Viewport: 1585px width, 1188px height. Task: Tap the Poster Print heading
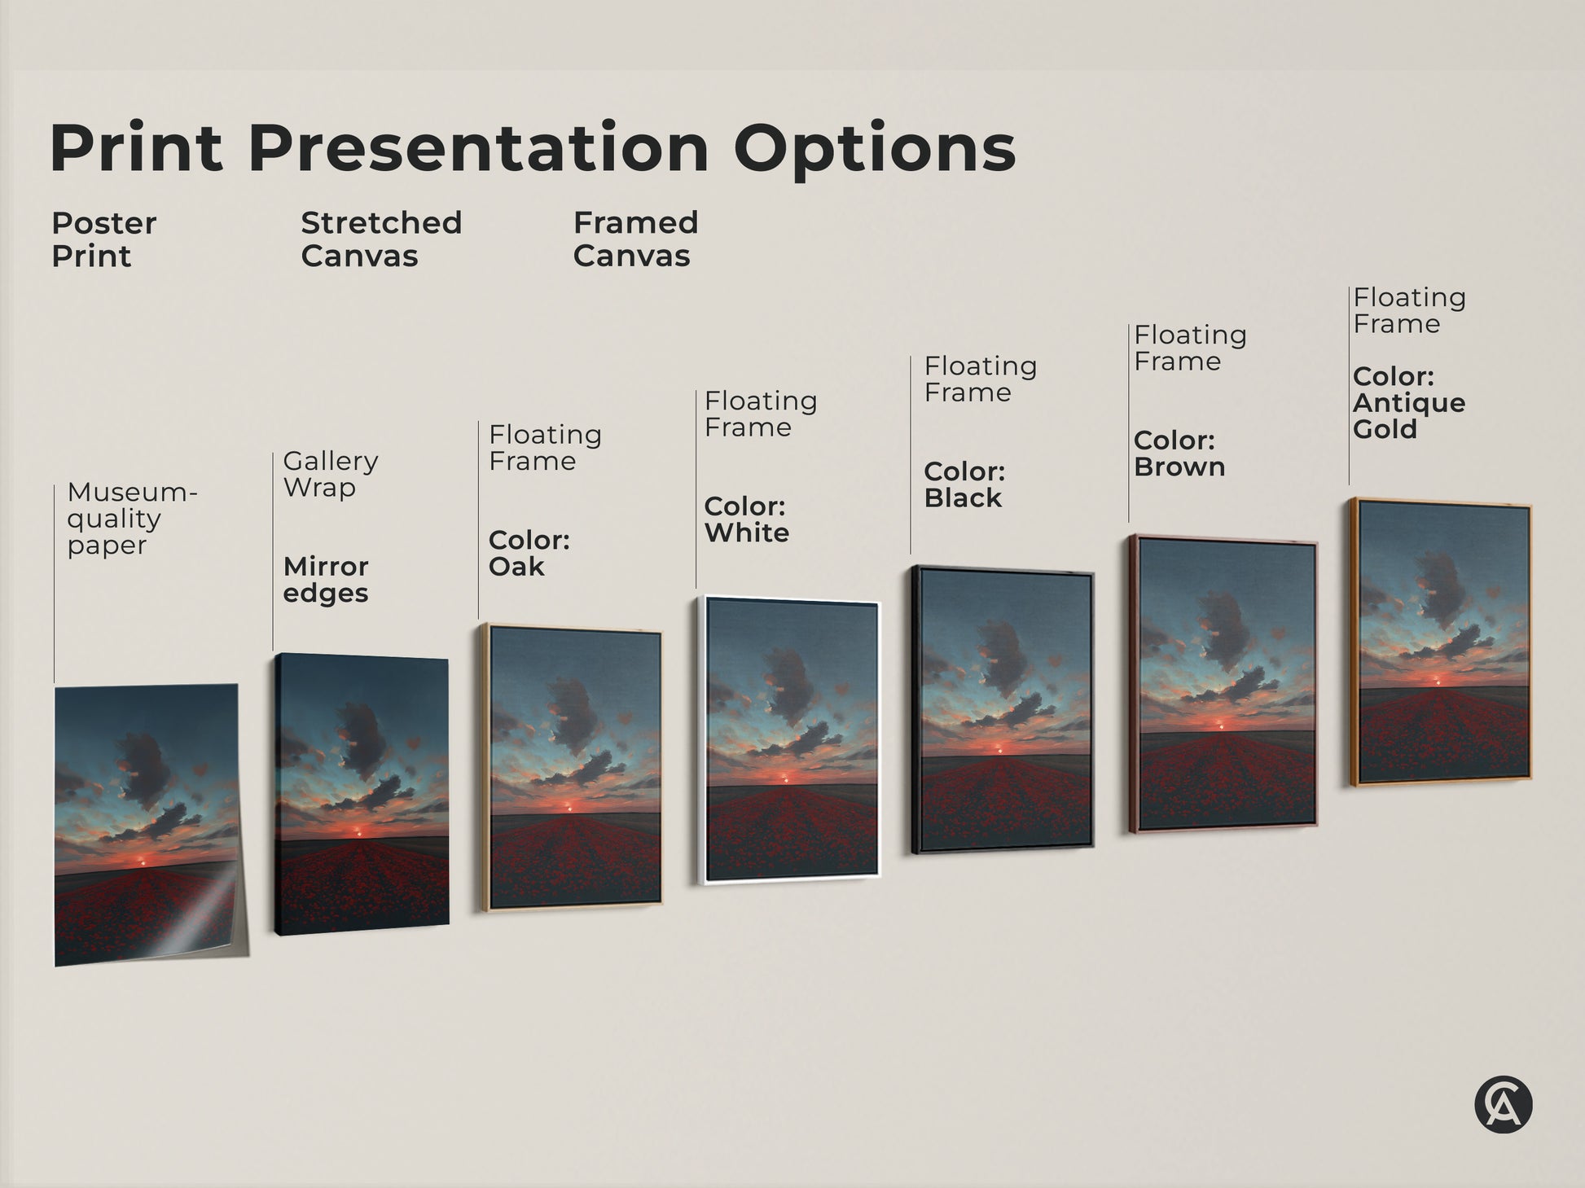(x=103, y=239)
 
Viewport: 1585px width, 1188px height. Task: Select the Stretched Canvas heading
(x=381, y=239)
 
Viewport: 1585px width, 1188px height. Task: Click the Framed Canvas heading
(x=635, y=239)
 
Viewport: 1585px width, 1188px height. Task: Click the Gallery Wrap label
(x=330, y=474)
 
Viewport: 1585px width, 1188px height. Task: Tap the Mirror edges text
(x=326, y=579)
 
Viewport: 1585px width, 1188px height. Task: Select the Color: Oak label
(x=529, y=553)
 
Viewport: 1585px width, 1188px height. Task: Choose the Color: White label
(x=746, y=519)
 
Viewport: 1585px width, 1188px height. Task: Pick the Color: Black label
(x=964, y=484)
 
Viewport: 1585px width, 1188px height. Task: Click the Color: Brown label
(x=1179, y=454)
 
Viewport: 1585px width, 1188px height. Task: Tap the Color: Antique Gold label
(x=1408, y=402)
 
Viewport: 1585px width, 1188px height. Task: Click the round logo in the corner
(x=1503, y=1105)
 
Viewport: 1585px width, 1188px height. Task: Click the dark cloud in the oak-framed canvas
(x=574, y=714)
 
